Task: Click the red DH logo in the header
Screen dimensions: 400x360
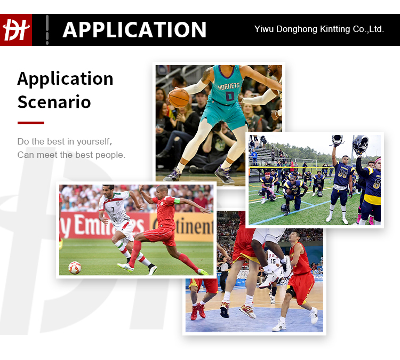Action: point(16,30)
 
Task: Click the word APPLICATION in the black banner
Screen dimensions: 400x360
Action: point(134,30)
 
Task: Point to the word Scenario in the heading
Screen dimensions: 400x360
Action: point(54,102)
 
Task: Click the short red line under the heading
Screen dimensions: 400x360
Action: point(31,123)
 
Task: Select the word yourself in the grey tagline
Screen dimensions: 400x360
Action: point(94,141)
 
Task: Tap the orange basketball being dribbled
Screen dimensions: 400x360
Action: point(179,98)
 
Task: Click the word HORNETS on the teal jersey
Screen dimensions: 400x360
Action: point(229,86)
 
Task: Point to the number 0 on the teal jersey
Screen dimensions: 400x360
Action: point(230,96)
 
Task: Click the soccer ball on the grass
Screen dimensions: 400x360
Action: point(75,268)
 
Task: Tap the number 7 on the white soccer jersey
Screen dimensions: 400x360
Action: point(113,210)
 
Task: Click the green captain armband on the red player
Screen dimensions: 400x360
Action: point(177,201)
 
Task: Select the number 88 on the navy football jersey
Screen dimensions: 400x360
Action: point(342,173)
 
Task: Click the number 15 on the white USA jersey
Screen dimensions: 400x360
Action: point(273,261)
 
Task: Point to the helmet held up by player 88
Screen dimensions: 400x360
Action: point(337,140)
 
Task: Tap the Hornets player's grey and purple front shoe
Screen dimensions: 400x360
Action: point(224,175)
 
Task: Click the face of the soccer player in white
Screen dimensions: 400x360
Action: point(109,191)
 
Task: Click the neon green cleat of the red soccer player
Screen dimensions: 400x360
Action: point(203,272)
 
